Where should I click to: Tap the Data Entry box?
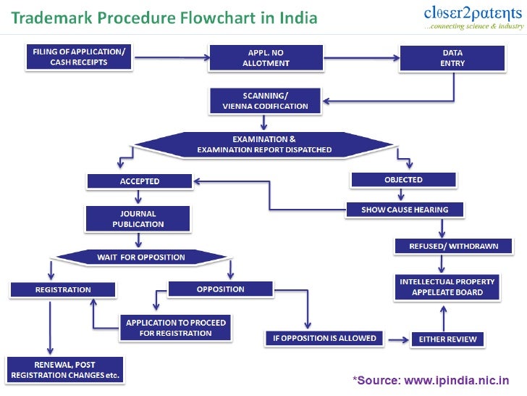[453, 57]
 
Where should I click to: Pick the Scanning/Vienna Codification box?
[265, 100]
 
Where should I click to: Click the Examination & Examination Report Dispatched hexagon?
[264, 144]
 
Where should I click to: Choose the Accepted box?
[139, 181]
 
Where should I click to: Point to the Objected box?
[403, 179]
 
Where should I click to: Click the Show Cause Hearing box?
[405, 210]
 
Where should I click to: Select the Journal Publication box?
[138, 219]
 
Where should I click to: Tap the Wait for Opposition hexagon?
[141, 257]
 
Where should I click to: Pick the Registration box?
[63, 289]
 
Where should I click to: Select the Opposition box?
[220, 289]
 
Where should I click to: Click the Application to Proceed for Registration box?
[176, 328]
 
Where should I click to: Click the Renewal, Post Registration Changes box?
[64, 370]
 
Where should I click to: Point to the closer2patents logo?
[473, 18]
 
